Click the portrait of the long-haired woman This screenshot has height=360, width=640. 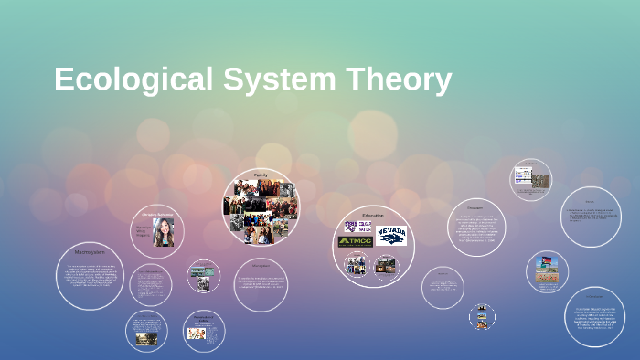point(165,233)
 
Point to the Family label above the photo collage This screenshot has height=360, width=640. point(261,174)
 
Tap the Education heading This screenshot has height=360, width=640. point(372,216)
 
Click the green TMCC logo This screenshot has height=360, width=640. point(356,241)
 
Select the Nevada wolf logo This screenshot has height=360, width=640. point(391,236)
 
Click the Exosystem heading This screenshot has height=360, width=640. point(475,207)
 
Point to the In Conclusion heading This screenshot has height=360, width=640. point(594,296)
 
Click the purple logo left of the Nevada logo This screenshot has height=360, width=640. point(356,227)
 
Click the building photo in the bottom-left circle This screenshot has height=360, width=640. point(146,337)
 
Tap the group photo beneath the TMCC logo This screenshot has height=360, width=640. point(356,265)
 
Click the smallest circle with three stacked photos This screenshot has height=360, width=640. point(482,317)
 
